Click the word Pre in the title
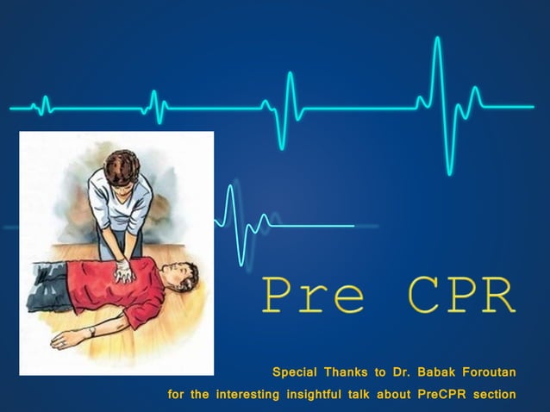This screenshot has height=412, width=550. pos(312,296)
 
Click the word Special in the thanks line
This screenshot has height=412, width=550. pos(293,372)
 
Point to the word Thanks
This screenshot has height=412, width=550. pos(344,372)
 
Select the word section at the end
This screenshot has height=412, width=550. pos(495,395)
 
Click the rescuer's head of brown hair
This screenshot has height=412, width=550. pos(122,165)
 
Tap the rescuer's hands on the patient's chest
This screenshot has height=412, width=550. pos(123,271)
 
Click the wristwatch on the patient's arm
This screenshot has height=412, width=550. pos(91,331)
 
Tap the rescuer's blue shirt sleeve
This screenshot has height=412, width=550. pos(98,194)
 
